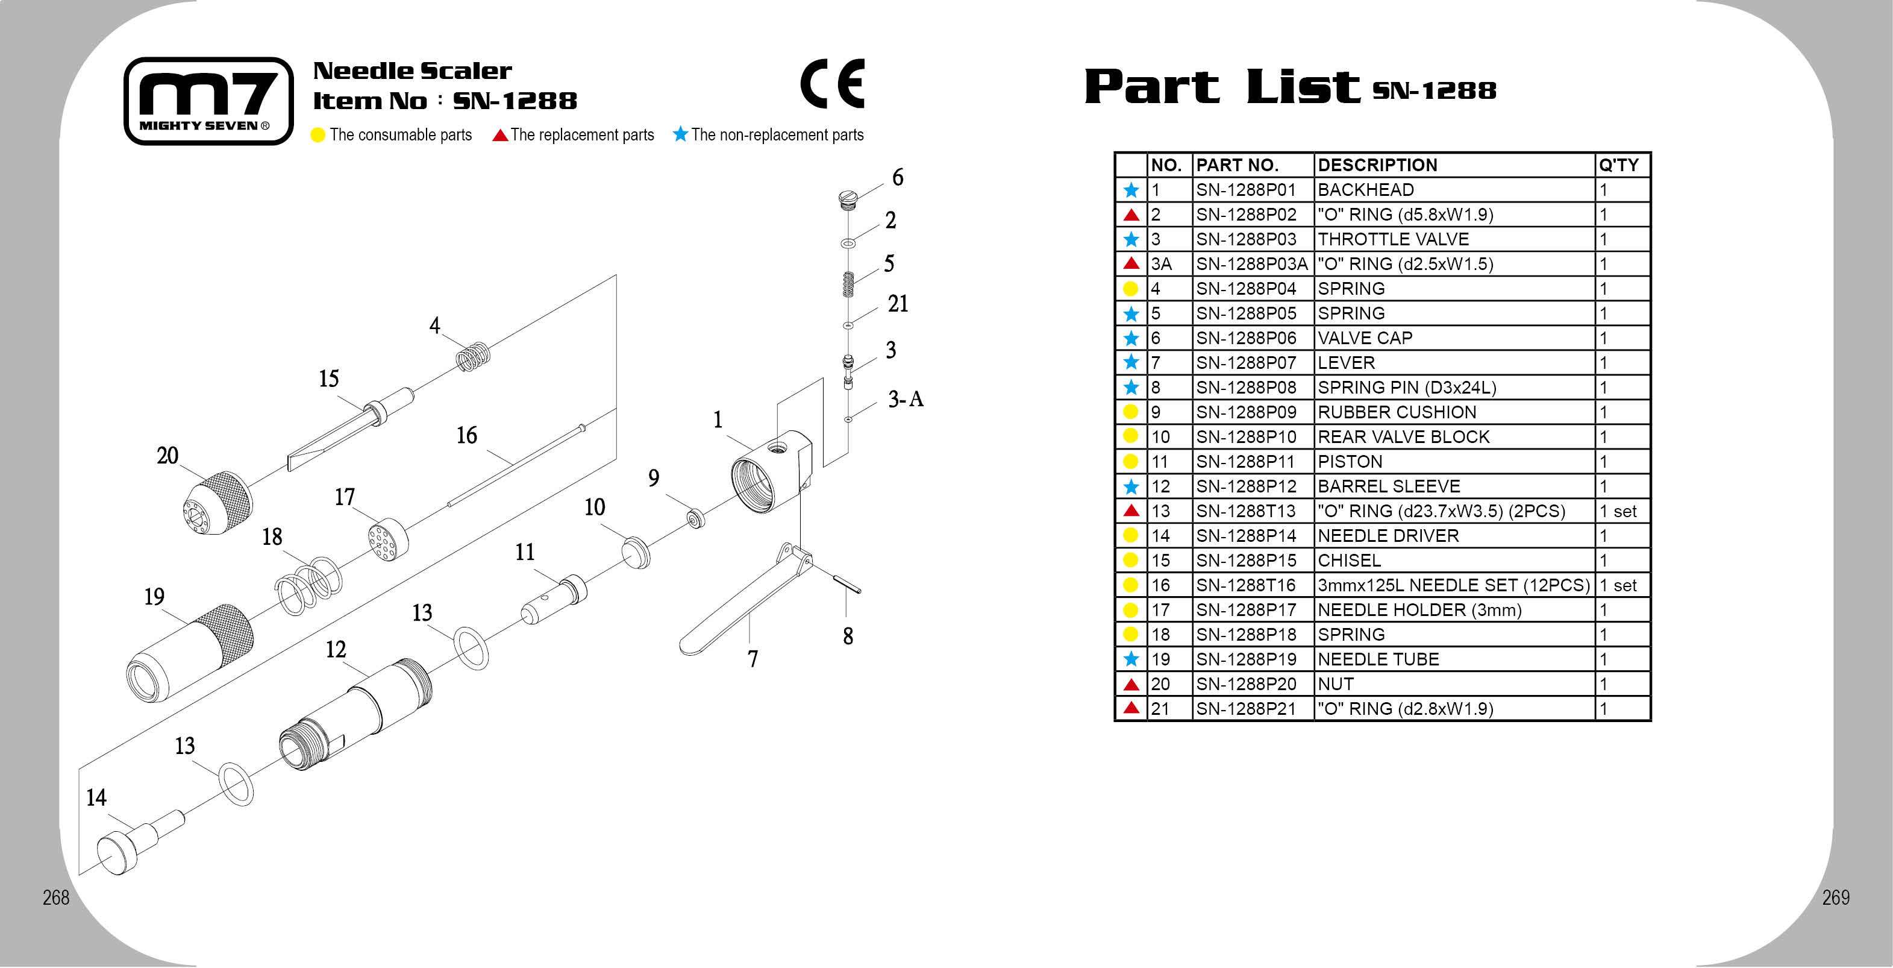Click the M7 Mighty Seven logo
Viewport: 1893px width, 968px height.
coord(208,101)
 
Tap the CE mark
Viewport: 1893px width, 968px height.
coord(833,84)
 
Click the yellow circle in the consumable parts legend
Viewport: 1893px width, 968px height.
coord(318,135)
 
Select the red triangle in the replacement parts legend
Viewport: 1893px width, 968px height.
coord(501,135)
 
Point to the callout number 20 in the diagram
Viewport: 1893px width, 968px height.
coord(167,456)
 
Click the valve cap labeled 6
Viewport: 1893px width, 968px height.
coord(848,199)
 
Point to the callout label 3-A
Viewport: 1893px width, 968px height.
coord(906,399)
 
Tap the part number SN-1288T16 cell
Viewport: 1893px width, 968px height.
coord(1245,586)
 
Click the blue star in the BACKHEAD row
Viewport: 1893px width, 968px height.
coord(1131,190)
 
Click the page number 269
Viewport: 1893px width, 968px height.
coord(1836,897)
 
